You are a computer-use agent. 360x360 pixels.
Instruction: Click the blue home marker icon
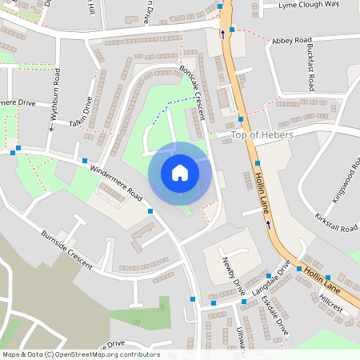coord(180,173)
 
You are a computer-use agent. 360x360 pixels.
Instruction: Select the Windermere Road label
coord(116,183)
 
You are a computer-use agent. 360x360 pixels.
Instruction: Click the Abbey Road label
coord(291,40)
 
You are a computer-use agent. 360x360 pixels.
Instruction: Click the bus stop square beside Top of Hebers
coord(240,119)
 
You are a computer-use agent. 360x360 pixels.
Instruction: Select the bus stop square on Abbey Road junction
coord(232,30)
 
